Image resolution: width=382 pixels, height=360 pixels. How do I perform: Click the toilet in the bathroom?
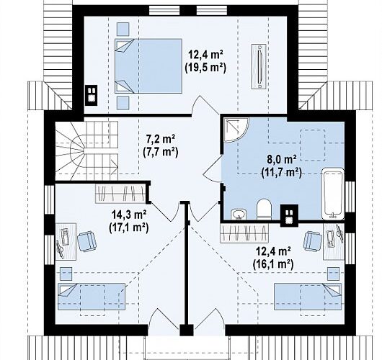click(x=264, y=209)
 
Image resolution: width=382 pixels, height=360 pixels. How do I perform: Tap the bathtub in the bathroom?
click(x=333, y=194)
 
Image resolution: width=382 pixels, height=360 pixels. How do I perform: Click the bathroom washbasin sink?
click(x=239, y=214)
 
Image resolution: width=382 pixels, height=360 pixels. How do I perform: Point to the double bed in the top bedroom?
click(x=148, y=66)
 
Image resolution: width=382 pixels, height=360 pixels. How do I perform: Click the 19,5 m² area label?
click(x=205, y=68)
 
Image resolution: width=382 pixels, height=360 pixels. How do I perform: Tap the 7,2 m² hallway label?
click(x=161, y=140)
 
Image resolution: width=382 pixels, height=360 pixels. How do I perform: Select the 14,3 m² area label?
click(x=128, y=215)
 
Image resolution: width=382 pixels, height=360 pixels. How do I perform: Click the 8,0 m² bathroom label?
click(x=282, y=160)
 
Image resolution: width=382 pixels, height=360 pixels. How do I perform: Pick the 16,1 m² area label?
click(x=273, y=264)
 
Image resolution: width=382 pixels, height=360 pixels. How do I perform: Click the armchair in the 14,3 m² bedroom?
click(x=86, y=241)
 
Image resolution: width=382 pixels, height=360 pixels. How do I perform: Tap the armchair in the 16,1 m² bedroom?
click(x=313, y=241)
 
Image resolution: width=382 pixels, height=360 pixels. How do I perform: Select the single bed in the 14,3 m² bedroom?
click(x=92, y=297)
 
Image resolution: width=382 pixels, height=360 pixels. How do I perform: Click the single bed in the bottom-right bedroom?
click(x=308, y=296)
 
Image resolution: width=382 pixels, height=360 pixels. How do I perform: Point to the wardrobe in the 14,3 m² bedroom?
click(x=120, y=193)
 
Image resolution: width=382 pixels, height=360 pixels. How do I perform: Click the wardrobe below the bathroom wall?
click(x=244, y=233)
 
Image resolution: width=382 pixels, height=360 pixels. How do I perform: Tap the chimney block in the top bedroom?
click(x=91, y=95)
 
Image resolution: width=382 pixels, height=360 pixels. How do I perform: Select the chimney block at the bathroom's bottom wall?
click(x=289, y=216)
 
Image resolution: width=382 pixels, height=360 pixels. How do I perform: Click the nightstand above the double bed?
click(x=123, y=29)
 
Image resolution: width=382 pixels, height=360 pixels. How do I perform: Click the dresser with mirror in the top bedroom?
click(x=259, y=66)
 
